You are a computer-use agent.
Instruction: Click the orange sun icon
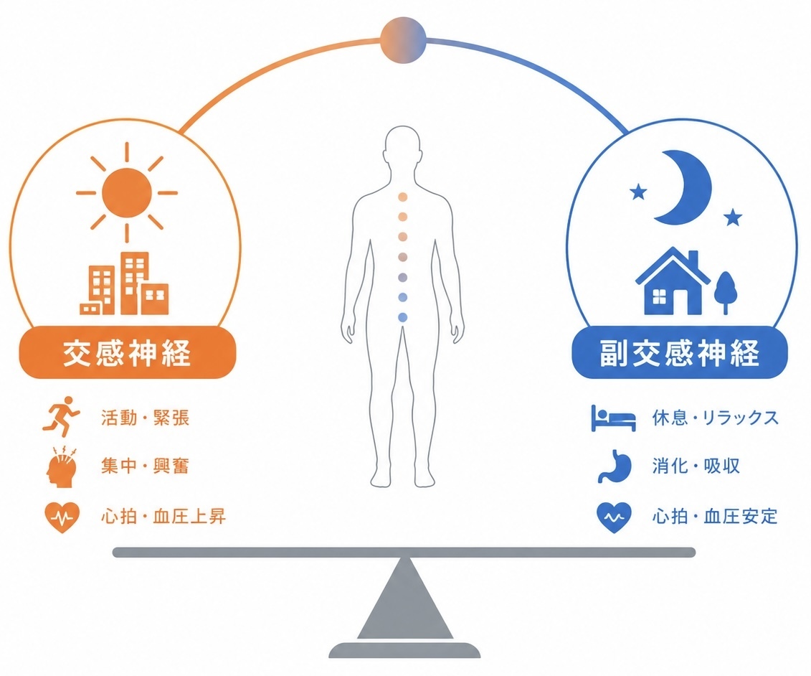pos(127,192)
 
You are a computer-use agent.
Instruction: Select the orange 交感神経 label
pos(127,353)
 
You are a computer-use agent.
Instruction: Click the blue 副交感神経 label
pos(680,353)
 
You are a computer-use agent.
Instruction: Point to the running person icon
pos(62,417)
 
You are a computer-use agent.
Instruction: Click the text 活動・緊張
pos(146,417)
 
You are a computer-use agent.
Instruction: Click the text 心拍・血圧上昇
pos(163,516)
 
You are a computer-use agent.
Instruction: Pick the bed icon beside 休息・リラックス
pos(613,418)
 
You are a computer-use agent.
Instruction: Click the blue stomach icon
pos(615,466)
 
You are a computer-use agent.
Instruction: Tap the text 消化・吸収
pos(696,466)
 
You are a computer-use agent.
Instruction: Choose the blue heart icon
pos(614,517)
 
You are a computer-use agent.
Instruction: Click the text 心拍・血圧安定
pos(715,516)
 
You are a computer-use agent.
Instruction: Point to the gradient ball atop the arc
pos(403,40)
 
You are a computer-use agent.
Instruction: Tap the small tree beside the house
pos(725,291)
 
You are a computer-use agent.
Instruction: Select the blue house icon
pos(673,281)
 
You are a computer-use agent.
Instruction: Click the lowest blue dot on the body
pos(403,317)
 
